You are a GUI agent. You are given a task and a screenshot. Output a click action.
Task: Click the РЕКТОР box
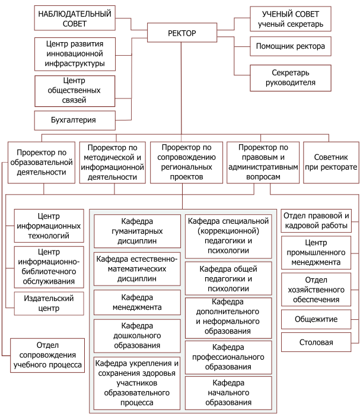(x=182, y=33)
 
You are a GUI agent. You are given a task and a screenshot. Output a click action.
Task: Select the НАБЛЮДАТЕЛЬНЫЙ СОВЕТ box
(x=75, y=18)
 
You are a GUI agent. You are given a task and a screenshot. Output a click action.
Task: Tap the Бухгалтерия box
(x=75, y=120)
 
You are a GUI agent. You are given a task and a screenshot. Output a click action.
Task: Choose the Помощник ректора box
(x=291, y=46)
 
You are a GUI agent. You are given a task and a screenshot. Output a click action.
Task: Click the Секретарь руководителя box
(x=291, y=78)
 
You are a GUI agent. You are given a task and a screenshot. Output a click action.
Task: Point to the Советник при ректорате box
(x=331, y=163)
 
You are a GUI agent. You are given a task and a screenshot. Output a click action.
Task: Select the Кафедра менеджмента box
(x=137, y=302)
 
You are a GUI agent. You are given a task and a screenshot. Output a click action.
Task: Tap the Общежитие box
(x=316, y=319)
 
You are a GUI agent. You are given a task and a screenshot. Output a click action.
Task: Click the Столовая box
(x=316, y=342)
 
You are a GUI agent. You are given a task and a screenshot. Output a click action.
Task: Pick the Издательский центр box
(x=49, y=303)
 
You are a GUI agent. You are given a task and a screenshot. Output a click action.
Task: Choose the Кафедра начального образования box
(x=228, y=393)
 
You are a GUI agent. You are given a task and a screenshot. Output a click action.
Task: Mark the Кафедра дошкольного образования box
(x=137, y=336)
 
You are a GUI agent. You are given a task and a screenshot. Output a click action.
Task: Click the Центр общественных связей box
(x=75, y=91)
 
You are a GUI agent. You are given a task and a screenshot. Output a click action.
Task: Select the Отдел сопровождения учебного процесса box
(x=47, y=355)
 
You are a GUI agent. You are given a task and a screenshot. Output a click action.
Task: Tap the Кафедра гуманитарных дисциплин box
(x=137, y=231)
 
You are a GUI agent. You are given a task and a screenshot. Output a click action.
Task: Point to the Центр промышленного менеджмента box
(x=316, y=252)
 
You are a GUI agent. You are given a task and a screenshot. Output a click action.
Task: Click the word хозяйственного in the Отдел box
(x=316, y=290)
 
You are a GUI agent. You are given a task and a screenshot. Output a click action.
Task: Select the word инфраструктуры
(x=75, y=64)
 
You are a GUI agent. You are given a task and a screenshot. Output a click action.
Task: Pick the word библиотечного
(x=49, y=271)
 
